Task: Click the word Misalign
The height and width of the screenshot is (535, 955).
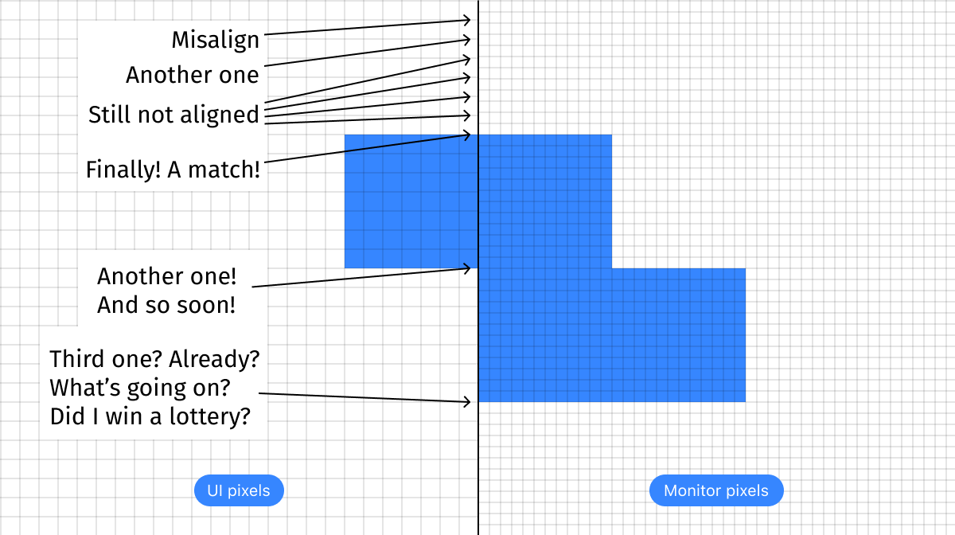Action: pos(216,40)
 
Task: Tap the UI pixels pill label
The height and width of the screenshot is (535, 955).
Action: pos(239,490)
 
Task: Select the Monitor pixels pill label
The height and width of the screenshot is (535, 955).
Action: pos(716,490)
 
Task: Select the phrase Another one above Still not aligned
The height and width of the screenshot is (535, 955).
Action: pos(192,75)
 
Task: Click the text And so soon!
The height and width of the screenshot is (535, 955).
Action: pos(166,305)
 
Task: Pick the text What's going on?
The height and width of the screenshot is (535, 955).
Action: pos(140,388)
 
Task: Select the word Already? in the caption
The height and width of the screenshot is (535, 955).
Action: pos(214,359)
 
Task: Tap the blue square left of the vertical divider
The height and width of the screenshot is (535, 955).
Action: pos(411,201)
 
